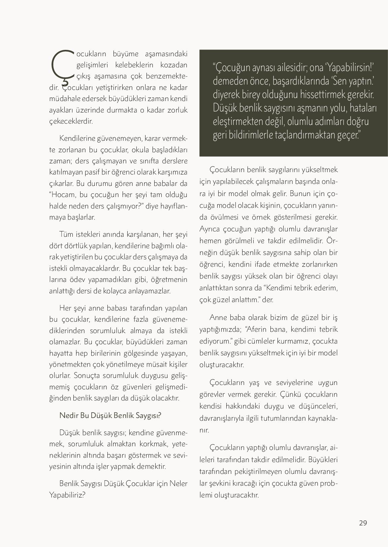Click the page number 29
click(x=363, y=523)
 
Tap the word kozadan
click(x=174, y=65)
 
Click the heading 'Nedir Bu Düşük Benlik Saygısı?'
click(x=110, y=415)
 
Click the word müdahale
click(x=64, y=99)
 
